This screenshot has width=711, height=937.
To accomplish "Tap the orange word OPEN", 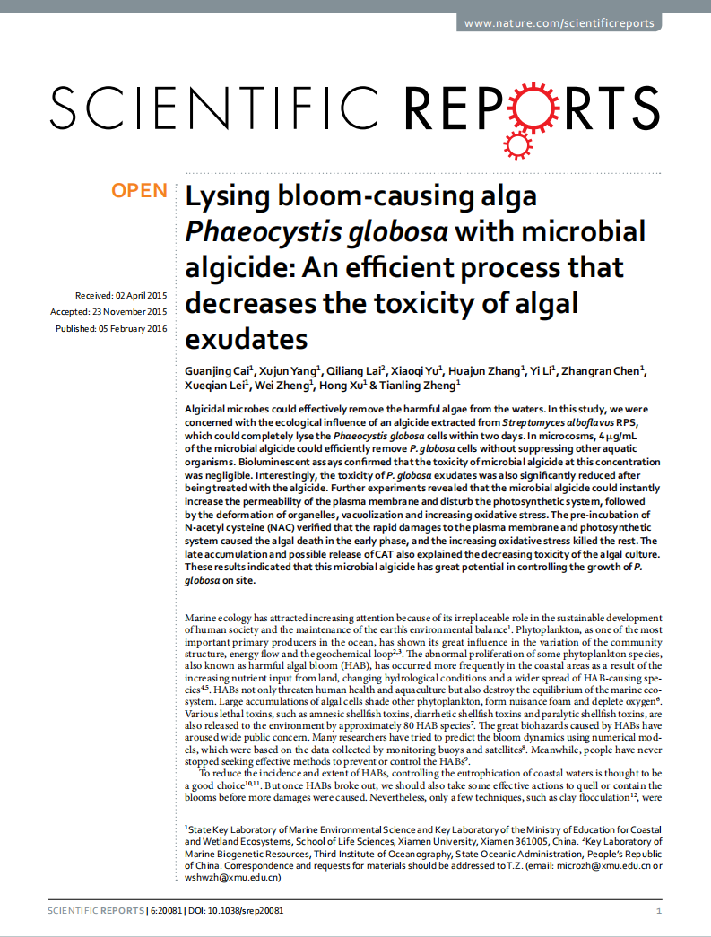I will click(139, 190).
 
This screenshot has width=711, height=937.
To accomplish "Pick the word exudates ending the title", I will click(247, 339).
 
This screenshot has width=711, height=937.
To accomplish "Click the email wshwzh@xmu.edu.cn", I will click(233, 878).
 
